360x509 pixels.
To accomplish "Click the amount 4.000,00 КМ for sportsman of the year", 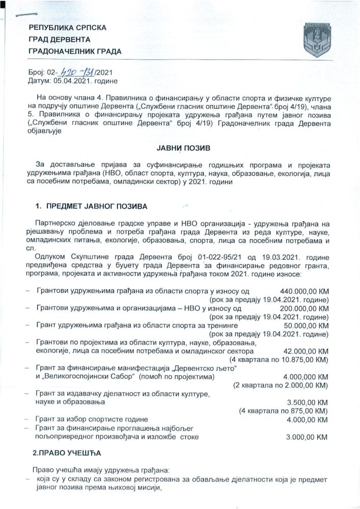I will (307, 419).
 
